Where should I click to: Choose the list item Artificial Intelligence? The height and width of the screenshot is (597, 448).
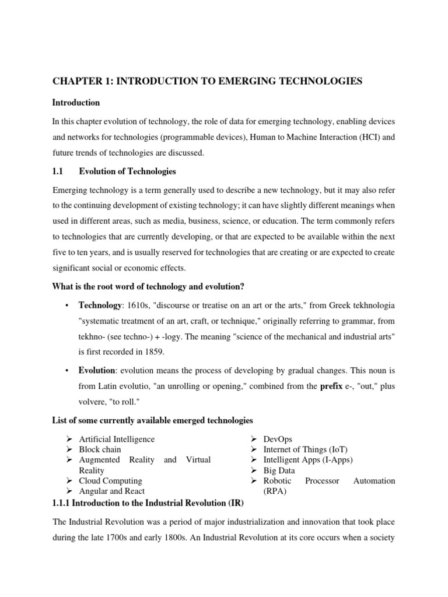coord(117,439)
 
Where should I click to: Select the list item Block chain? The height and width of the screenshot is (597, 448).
coord(101,449)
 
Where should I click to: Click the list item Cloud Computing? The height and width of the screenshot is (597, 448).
coord(110,481)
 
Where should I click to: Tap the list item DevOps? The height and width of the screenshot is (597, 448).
coord(278,439)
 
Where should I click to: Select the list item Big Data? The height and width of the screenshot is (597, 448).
coord(279,470)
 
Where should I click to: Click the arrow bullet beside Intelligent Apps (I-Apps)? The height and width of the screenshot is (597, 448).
coord(254,460)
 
